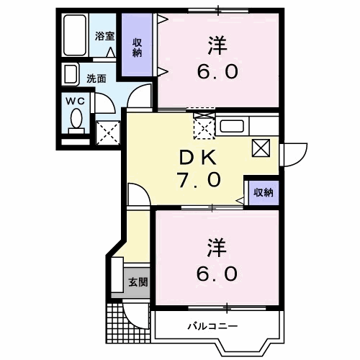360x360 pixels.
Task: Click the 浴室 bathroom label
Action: (104, 36)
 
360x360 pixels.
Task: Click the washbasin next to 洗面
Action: (71, 74)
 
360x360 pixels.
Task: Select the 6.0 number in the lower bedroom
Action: (213, 274)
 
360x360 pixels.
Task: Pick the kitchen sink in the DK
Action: (233, 127)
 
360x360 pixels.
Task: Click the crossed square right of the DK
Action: (261, 149)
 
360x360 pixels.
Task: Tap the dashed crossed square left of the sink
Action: (203, 127)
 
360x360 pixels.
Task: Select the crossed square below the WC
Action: (107, 133)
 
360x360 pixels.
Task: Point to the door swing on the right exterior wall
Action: (292, 153)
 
